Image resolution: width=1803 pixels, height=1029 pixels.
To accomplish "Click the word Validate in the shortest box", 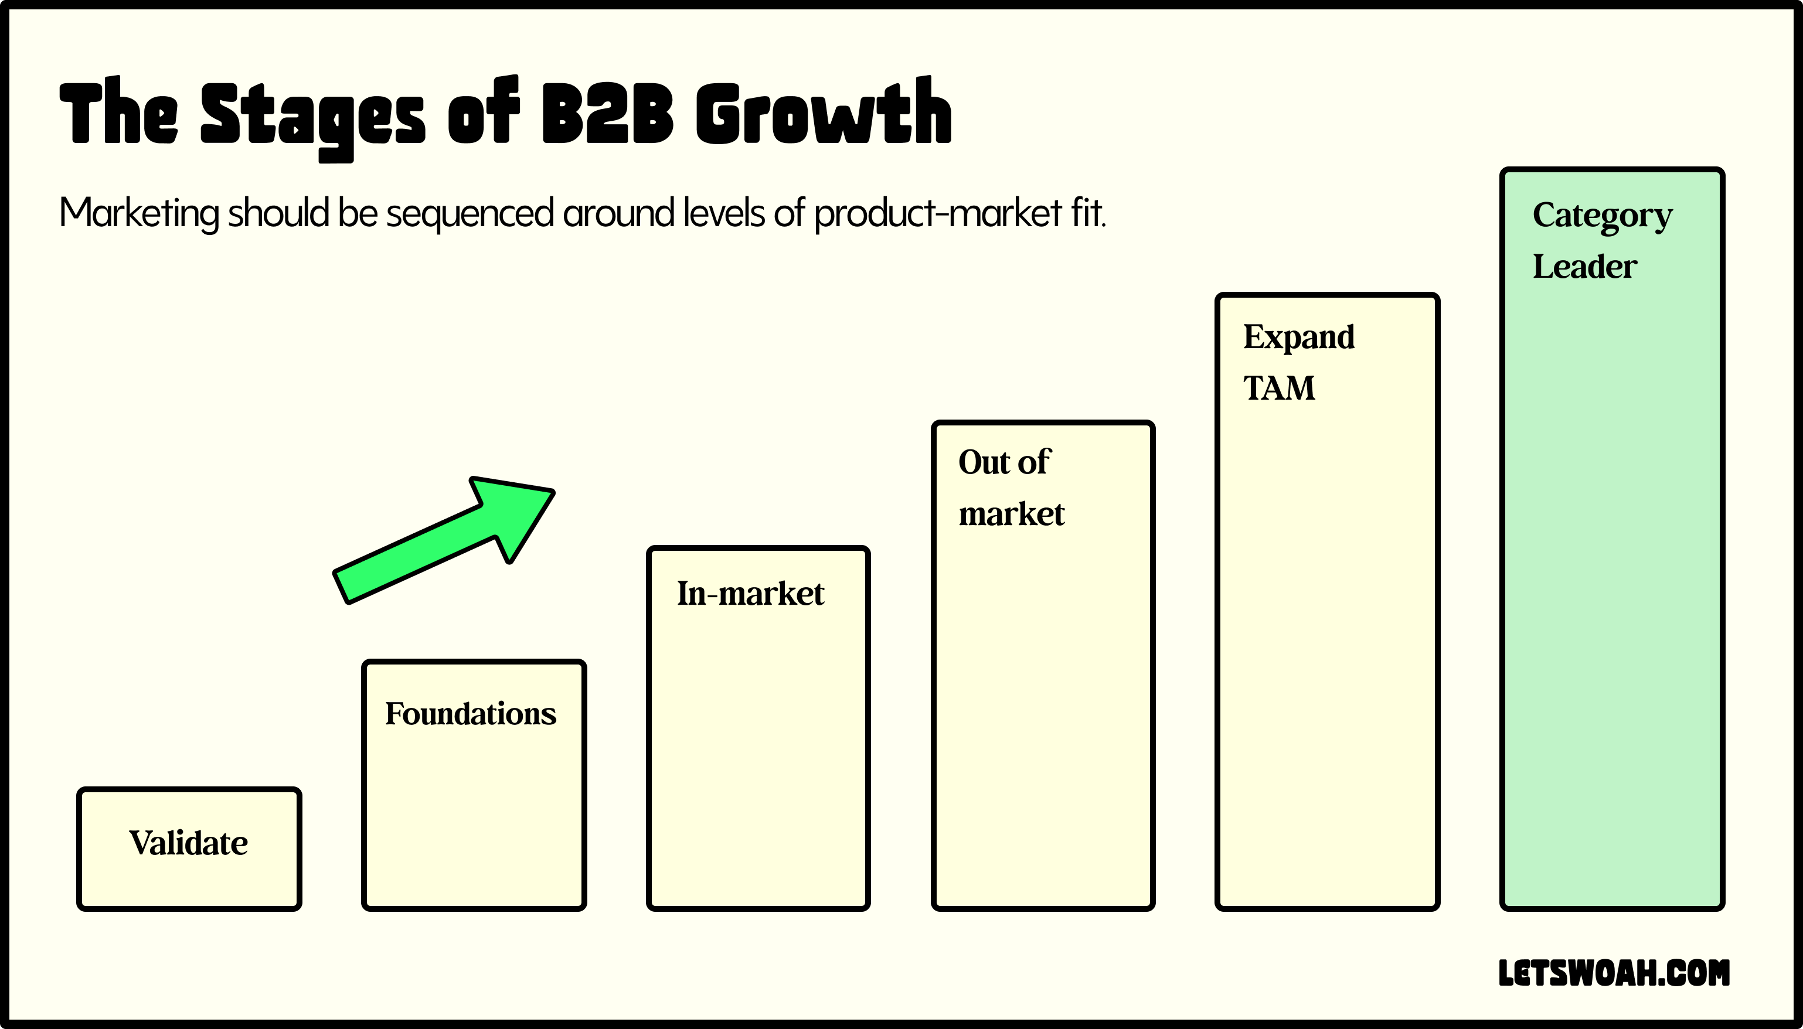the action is pyautogui.click(x=188, y=843).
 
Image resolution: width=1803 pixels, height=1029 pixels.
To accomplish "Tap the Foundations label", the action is pyautogui.click(x=471, y=714).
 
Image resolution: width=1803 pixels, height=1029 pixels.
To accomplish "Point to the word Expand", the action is pyautogui.click(x=1299, y=337).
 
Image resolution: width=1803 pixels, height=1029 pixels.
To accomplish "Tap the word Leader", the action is pyautogui.click(x=1584, y=267).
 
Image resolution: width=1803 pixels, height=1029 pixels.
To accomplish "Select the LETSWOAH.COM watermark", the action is pyautogui.click(x=1614, y=973).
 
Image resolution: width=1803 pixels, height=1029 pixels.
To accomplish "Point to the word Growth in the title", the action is pyautogui.click(x=824, y=113).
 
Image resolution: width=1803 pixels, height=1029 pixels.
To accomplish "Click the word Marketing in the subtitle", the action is pyautogui.click(x=140, y=213).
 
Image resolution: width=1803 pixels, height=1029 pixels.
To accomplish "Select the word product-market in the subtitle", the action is pyautogui.click(x=938, y=213).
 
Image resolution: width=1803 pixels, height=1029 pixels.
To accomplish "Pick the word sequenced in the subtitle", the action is pyautogui.click(x=470, y=213).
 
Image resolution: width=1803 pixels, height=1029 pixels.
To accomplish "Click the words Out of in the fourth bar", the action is pyautogui.click(x=1004, y=462).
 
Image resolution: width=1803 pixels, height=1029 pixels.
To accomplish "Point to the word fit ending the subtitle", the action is pyautogui.click(x=1087, y=212).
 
